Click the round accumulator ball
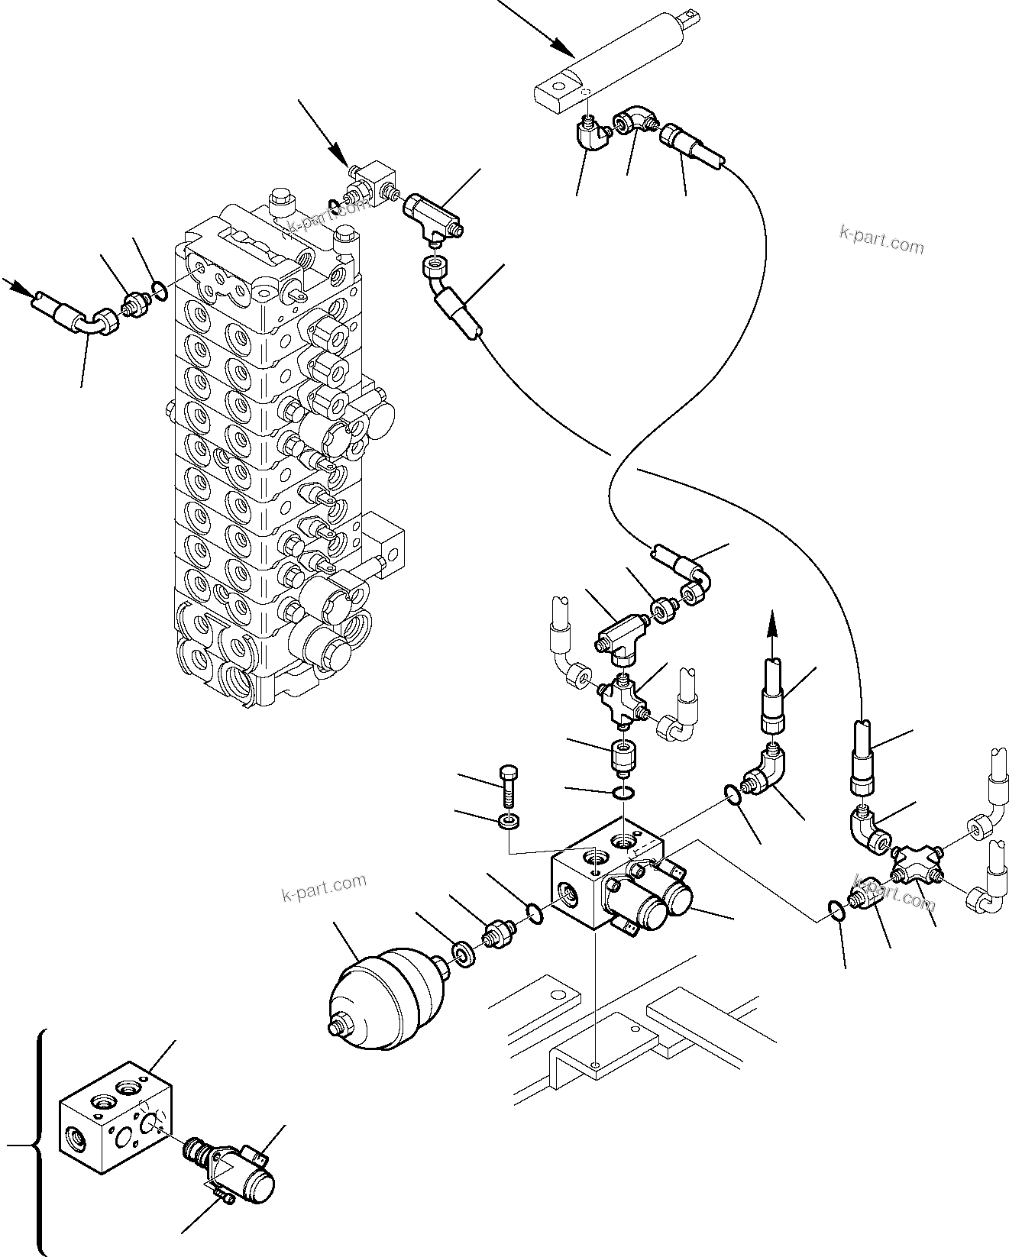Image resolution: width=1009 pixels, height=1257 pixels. tap(386, 992)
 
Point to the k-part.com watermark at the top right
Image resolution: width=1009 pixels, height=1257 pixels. tap(881, 241)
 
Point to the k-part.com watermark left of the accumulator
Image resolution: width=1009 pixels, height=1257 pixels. tap(324, 887)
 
